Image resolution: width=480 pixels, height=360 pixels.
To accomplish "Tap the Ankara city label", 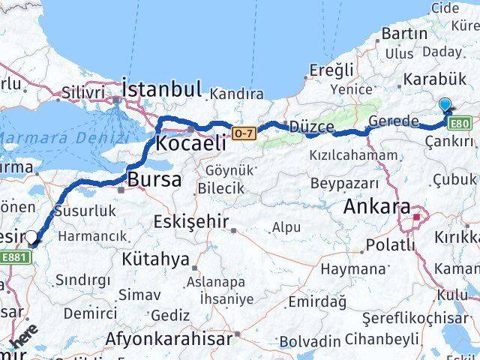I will click(378, 207).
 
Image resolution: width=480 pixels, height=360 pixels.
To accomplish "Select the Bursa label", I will click(154, 180).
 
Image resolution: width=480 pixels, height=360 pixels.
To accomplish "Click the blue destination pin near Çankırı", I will click(445, 106).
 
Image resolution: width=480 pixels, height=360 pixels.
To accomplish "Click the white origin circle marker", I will click(32, 238).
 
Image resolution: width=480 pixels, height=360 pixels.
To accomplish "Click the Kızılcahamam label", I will click(353, 155).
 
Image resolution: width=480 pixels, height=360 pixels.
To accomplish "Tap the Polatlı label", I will click(390, 245).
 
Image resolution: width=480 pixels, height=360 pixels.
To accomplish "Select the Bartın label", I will click(403, 34).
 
